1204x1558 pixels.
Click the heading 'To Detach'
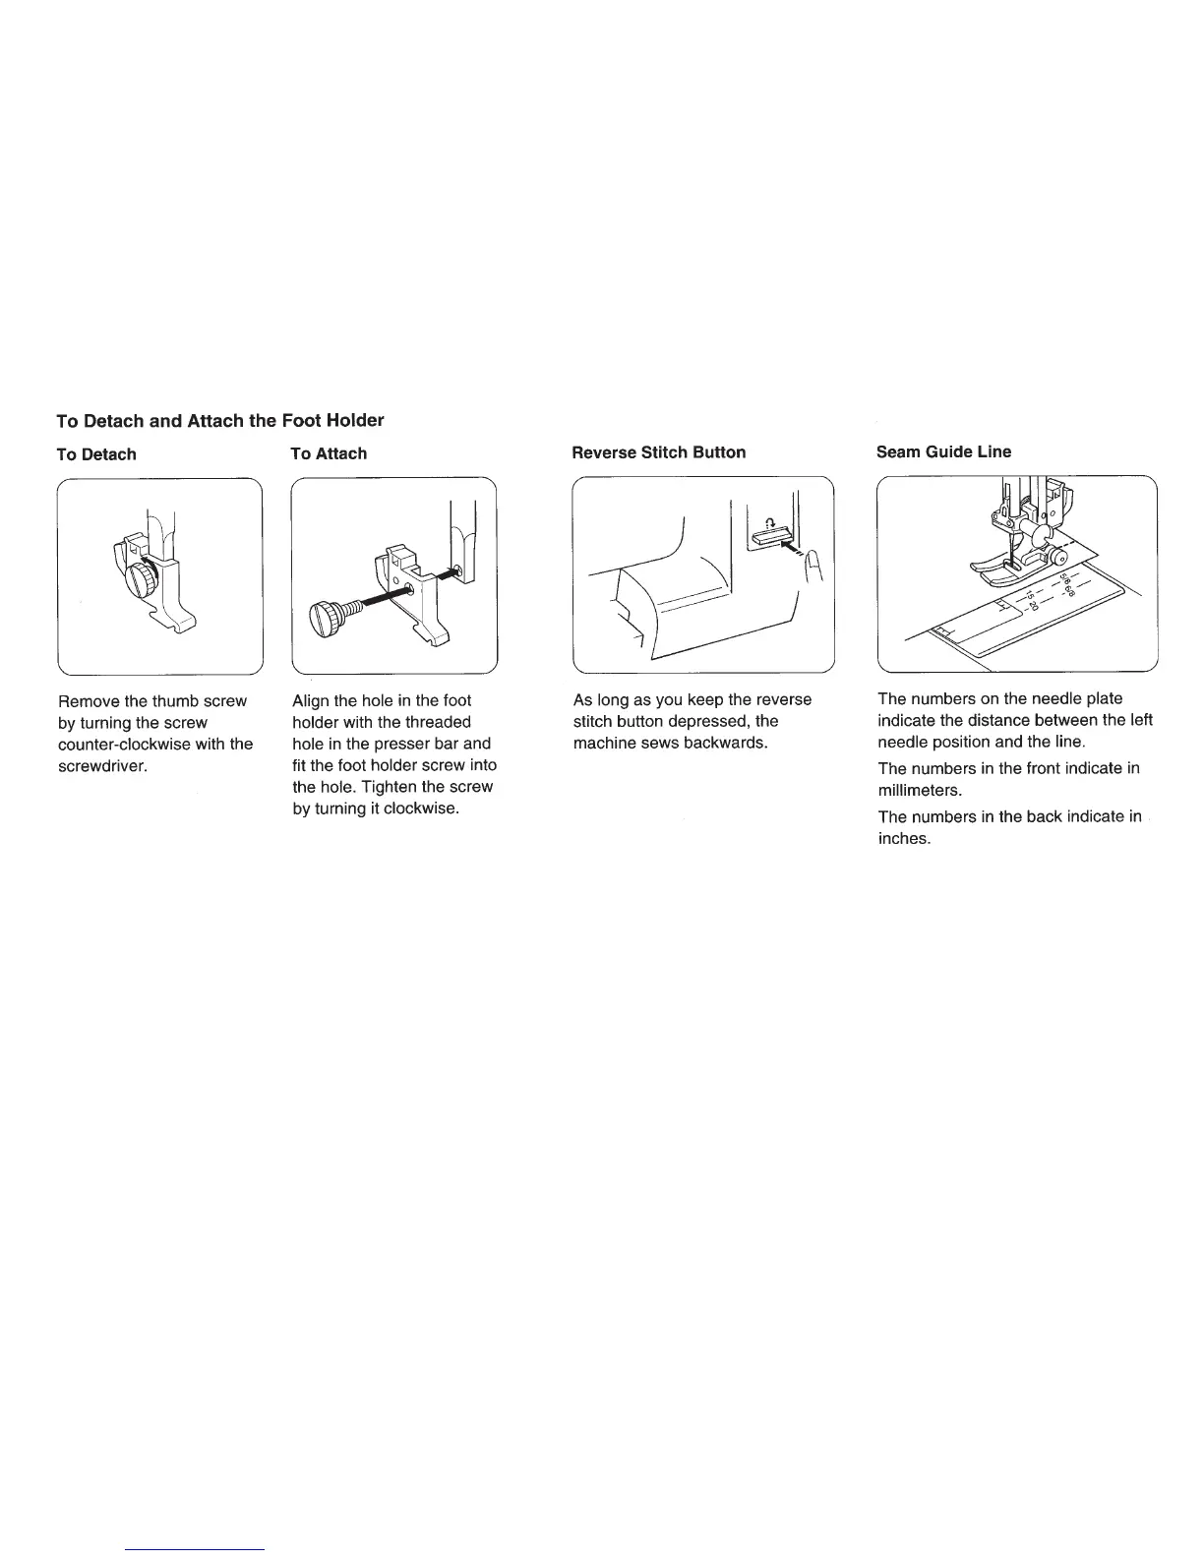tap(96, 454)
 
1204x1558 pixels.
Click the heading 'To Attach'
tap(329, 453)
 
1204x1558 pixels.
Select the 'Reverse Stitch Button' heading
tap(658, 452)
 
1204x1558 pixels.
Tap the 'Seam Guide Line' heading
tap(943, 451)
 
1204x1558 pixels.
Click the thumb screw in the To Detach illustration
tap(145, 577)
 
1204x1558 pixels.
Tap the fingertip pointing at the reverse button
tap(813, 568)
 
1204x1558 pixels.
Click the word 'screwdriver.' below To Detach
tap(102, 765)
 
